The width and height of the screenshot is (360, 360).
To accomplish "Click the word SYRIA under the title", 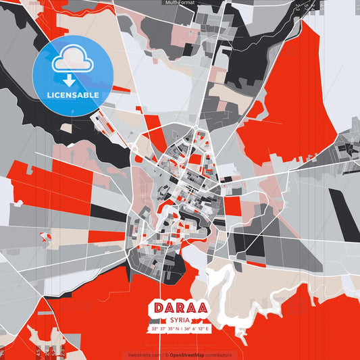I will click(180, 320).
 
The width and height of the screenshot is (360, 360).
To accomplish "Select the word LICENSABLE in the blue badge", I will click(73, 95).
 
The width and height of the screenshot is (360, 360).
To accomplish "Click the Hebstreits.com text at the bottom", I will click(144, 355).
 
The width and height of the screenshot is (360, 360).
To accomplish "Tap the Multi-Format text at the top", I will click(180, 3).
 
